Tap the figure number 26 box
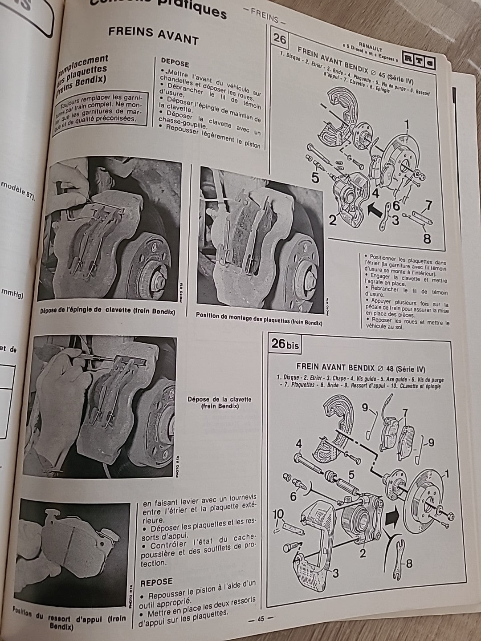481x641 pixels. [280, 39]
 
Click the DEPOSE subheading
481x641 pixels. [175, 63]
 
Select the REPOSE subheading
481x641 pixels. [156, 582]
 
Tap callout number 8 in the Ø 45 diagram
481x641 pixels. [427, 239]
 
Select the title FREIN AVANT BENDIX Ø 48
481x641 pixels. [360, 369]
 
